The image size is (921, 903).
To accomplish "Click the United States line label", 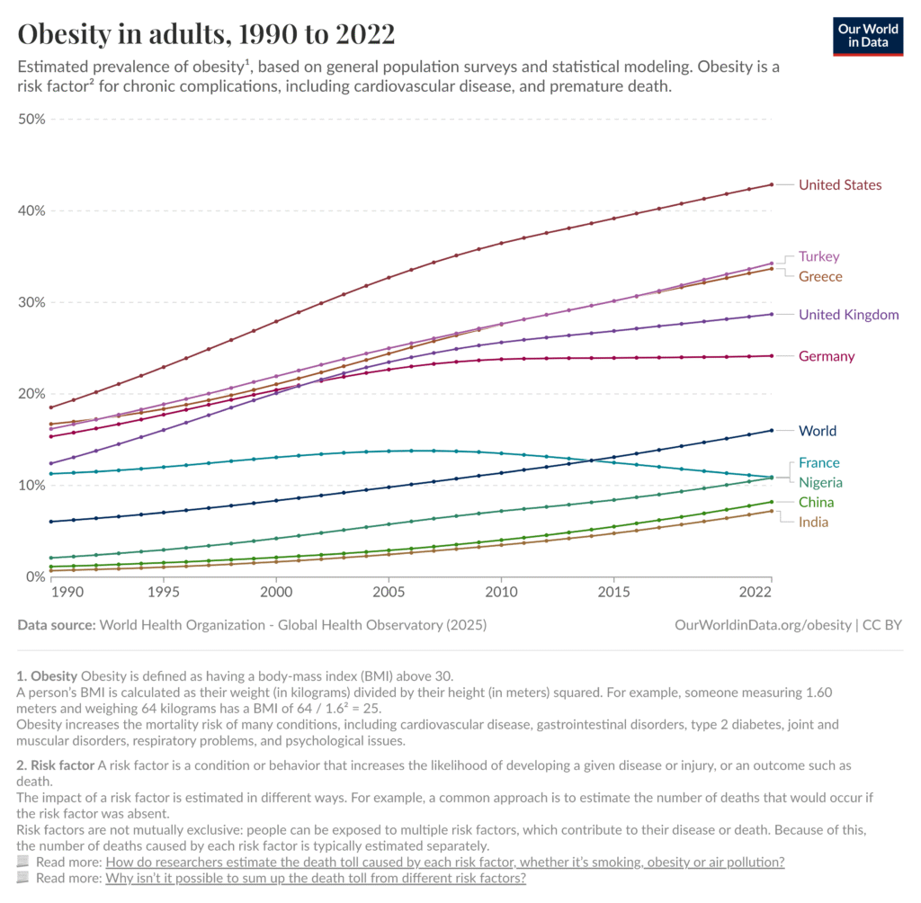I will [x=840, y=185].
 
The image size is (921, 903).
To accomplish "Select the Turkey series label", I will [x=818, y=256].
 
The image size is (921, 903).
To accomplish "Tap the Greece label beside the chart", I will [x=820, y=276].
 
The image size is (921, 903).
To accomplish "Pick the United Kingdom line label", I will [x=848, y=315].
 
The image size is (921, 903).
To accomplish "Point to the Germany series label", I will [x=827, y=356].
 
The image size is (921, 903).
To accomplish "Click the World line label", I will [x=817, y=431].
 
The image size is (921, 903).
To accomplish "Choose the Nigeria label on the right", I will [x=820, y=483].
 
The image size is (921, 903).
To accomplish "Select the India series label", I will [x=813, y=523].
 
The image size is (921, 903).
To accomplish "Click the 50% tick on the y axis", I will [x=31, y=120].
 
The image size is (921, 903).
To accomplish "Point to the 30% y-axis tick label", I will [x=31, y=302].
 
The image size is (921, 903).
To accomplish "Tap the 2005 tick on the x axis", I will [x=389, y=594].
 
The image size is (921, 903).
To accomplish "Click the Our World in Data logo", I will [x=868, y=35].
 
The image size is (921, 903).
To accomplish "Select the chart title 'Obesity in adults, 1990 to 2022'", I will [x=206, y=34].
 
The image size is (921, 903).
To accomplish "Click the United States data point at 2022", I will [x=771, y=184].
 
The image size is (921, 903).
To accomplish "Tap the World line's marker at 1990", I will [x=51, y=522].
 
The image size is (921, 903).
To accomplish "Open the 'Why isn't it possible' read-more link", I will [x=315, y=879].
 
